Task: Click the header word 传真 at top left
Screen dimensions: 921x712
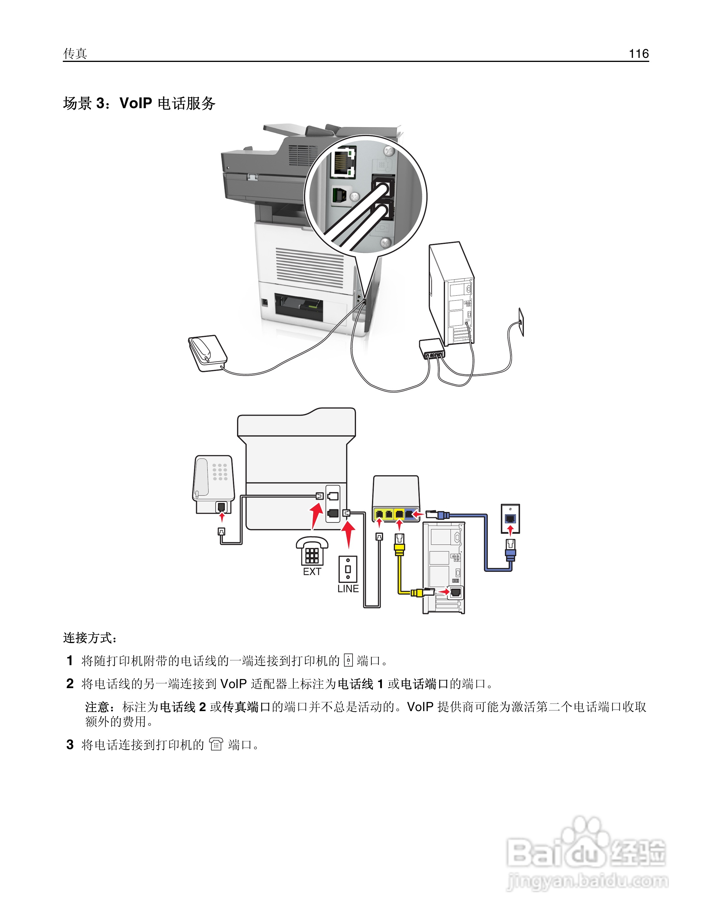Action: tap(75, 53)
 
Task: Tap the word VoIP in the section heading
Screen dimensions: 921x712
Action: tap(136, 103)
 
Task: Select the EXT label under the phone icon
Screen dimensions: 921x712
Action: tap(312, 572)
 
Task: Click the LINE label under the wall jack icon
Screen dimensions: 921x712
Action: tap(348, 589)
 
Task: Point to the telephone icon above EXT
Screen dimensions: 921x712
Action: tap(312, 550)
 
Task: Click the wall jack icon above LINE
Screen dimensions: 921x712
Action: tap(348, 569)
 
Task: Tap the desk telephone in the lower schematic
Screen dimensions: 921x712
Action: tap(213, 483)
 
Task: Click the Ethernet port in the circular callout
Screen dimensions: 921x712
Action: tap(343, 162)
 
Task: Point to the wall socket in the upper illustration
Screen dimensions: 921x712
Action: tap(521, 322)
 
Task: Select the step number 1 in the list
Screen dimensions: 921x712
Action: tap(70, 661)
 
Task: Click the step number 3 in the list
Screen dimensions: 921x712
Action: tap(70, 745)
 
